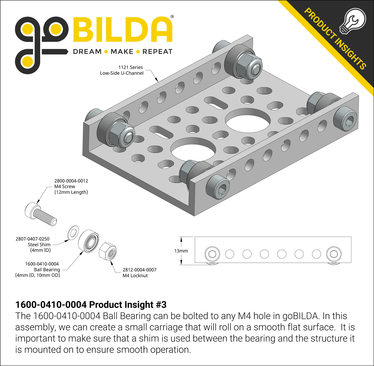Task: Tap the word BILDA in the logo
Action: click(123, 30)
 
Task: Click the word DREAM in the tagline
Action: click(87, 52)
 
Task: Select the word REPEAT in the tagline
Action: click(157, 52)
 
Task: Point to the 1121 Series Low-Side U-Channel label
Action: click(122, 70)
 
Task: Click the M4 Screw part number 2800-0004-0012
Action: click(71, 181)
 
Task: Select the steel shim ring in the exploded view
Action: click(73, 232)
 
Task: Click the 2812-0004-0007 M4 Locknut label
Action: click(139, 273)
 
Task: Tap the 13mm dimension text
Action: click(181, 251)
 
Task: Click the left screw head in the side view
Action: click(212, 254)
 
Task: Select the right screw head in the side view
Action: click(334, 254)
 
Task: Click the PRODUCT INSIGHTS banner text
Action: click(335, 39)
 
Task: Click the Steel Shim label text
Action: click(39, 245)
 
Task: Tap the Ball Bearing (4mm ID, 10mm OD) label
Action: click(38, 270)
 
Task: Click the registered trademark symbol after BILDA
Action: click(172, 17)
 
